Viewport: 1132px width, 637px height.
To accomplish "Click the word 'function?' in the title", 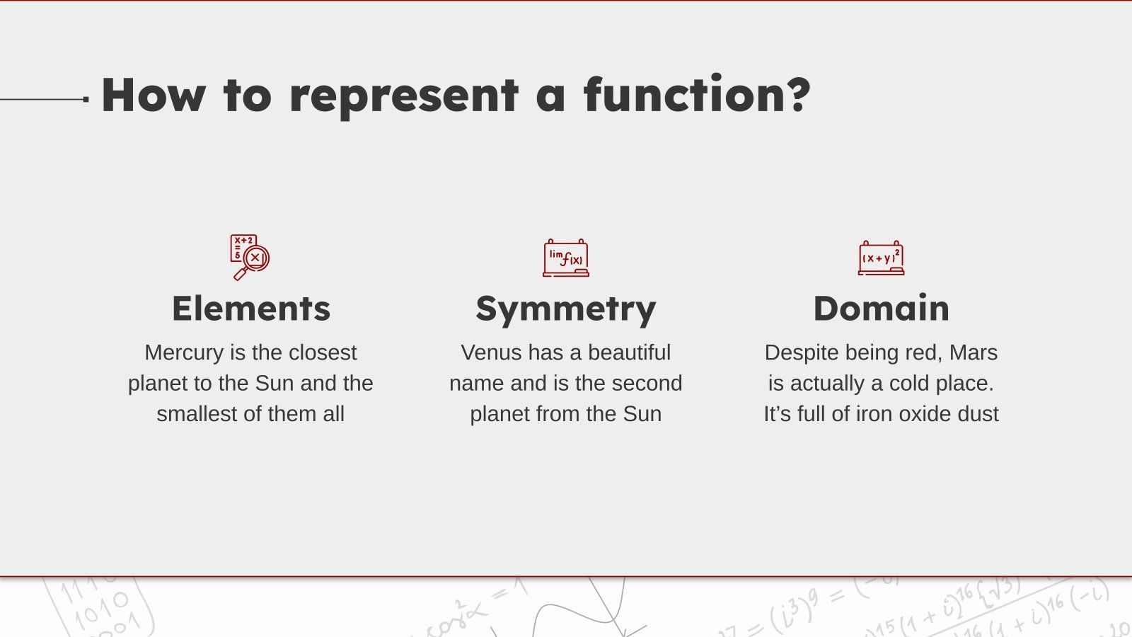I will (x=697, y=95).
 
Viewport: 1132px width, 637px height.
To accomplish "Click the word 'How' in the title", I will (x=154, y=95).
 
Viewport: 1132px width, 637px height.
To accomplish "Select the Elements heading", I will (x=251, y=309).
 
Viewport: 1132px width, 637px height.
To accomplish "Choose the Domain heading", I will (x=881, y=309).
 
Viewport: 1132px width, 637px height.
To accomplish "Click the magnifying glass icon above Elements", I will (x=250, y=257).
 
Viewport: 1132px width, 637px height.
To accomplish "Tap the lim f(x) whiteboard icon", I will (x=566, y=258).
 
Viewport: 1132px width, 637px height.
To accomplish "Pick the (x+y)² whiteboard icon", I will (x=881, y=258).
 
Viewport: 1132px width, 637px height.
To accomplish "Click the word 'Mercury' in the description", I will (x=184, y=352).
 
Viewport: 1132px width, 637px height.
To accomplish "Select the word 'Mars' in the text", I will (x=974, y=352).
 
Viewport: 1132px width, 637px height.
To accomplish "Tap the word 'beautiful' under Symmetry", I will (x=630, y=352).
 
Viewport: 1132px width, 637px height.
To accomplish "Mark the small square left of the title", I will (x=86, y=99).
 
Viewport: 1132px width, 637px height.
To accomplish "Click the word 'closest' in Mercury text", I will (x=323, y=352).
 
